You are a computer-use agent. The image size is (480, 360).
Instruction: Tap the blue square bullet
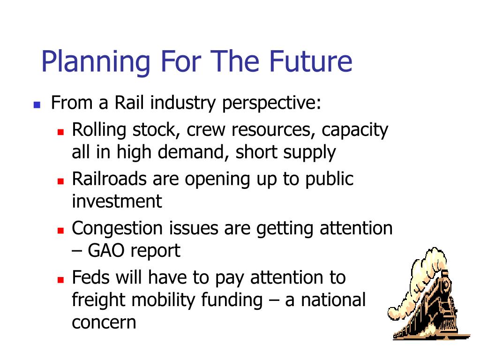click(37, 105)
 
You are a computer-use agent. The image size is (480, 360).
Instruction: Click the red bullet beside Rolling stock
click(60, 132)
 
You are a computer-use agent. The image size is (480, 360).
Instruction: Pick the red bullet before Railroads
click(60, 181)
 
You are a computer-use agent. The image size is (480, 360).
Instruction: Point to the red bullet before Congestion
click(60, 231)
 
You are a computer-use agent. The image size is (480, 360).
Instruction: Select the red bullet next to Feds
click(60, 279)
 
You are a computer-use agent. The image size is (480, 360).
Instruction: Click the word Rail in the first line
click(129, 102)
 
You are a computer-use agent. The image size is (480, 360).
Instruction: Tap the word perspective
click(271, 104)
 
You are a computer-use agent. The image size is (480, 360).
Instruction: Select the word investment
click(117, 201)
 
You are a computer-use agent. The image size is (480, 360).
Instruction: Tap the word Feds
click(91, 277)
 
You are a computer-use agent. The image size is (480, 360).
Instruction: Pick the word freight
click(98, 300)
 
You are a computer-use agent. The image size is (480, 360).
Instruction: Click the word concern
click(104, 323)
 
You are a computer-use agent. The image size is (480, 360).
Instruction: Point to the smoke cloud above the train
click(424, 276)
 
